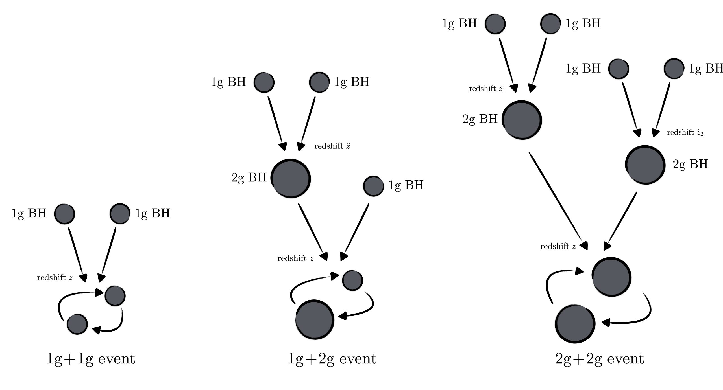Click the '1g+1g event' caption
(x=91, y=359)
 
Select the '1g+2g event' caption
(x=332, y=359)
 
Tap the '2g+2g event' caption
(x=599, y=359)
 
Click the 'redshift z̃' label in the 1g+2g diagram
(x=332, y=146)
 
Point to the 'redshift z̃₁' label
(x=487, y=89)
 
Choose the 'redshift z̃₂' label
(x=685, y=132)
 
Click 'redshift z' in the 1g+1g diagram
(x=55, y=278)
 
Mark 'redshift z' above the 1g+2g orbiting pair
(x=295, y=258)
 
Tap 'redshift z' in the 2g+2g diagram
(x=558, y=246)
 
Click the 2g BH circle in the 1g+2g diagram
(x=291, y=178)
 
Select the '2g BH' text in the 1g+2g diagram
(x=249, y=178)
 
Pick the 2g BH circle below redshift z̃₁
(x=522, y=120)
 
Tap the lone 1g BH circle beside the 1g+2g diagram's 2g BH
(x=373, y=186)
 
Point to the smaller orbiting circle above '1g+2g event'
(x=352, y=280)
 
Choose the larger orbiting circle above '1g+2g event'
(x=315, y=320)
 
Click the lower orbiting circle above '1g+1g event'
(x=77, y=324)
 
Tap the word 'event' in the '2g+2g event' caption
(x=625, y=359)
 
